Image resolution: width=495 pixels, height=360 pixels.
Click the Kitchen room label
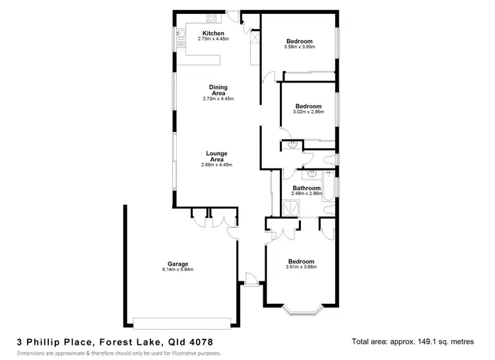213,34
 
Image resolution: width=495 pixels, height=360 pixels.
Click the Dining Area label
218,90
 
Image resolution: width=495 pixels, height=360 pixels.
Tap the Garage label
177,264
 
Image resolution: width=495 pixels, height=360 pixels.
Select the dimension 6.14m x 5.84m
177,270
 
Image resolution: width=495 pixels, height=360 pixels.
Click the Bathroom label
306,188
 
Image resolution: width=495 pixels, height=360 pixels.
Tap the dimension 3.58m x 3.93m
300,46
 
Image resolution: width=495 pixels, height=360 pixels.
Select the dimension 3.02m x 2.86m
308,112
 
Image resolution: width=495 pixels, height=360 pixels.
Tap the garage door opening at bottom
181,322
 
